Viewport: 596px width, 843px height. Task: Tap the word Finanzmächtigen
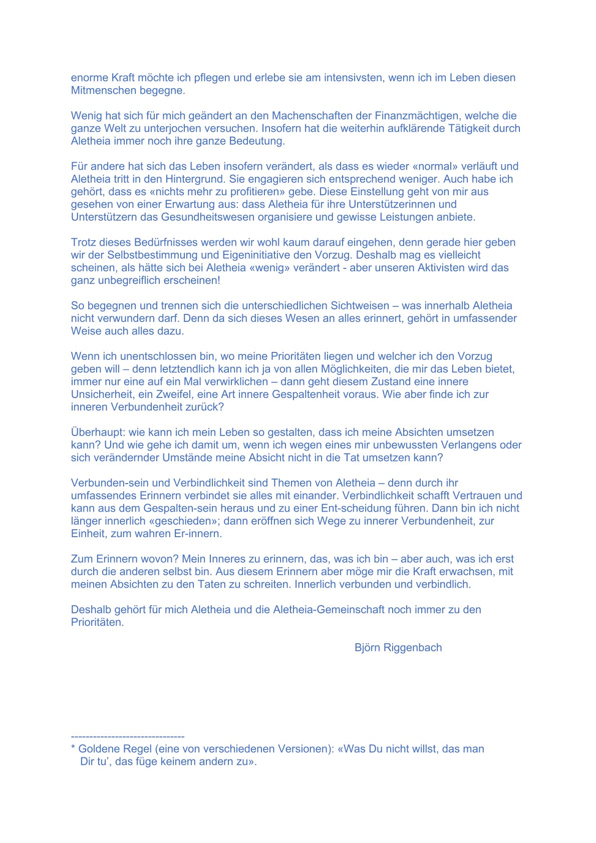coord(417,116)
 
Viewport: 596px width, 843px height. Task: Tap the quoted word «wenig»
coord(270,268)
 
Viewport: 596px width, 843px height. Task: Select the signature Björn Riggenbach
coord(398,648)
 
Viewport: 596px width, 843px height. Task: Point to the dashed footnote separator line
coord(128,736)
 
